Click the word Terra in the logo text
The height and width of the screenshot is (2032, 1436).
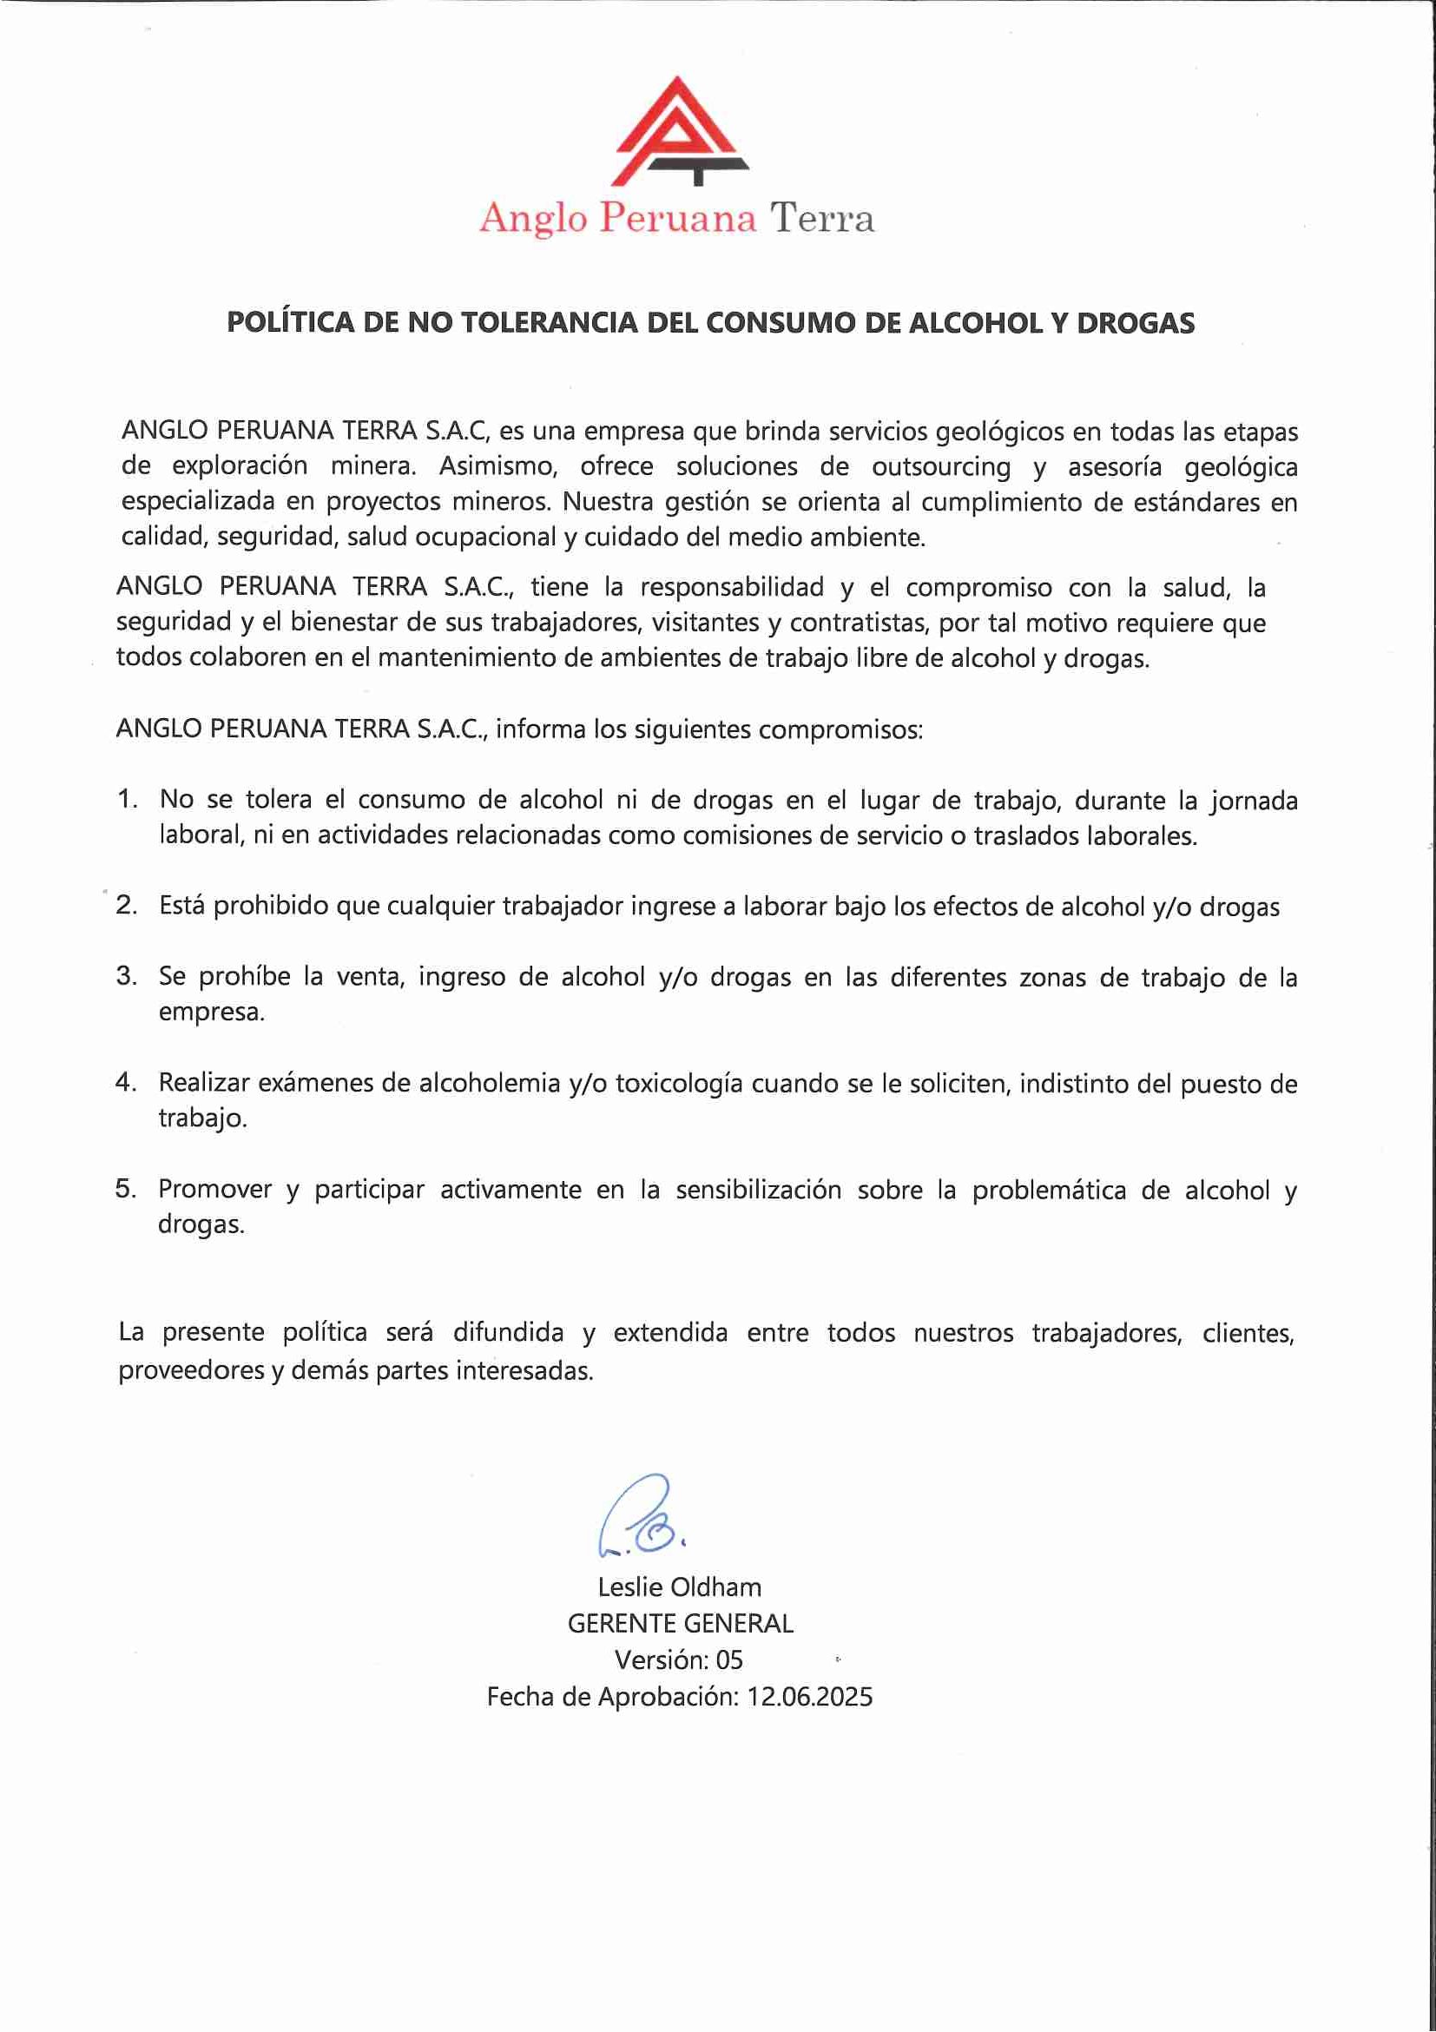click(821, 218)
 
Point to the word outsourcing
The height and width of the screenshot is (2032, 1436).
click(941, 466)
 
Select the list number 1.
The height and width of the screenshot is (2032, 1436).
click(127, 800)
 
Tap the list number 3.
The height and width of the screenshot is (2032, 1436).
click(126, 977)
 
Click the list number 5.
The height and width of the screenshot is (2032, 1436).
click(126, 1190)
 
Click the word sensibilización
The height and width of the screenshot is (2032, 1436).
click(758, 1190)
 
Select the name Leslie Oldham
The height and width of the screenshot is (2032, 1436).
click(680, 1587)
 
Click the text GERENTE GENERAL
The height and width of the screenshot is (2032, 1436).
click(681, 1623)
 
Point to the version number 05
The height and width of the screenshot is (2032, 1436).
click(729, 1659)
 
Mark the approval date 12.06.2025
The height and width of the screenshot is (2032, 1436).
click(809, 1697)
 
